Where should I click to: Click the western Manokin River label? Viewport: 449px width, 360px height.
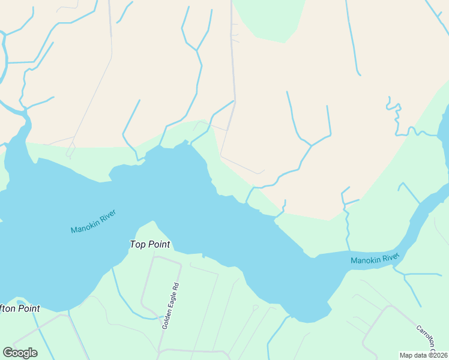tap(92, 221)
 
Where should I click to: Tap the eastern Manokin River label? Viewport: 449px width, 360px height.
tap(375, 259)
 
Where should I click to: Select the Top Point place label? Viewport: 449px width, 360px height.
tap(150, 244)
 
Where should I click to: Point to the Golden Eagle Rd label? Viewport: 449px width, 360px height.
tap(170, 306)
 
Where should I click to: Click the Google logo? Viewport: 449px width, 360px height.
tap(20, 353)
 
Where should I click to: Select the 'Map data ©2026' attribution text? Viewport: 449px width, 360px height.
tap(423, 355)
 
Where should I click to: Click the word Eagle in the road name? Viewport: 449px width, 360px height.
tap(170, 304)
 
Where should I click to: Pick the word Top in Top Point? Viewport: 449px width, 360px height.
tap(138, 244)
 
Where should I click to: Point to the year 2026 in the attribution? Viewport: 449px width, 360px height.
tap(439, 355)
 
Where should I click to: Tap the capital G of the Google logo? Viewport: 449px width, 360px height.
tap(8, 352)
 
